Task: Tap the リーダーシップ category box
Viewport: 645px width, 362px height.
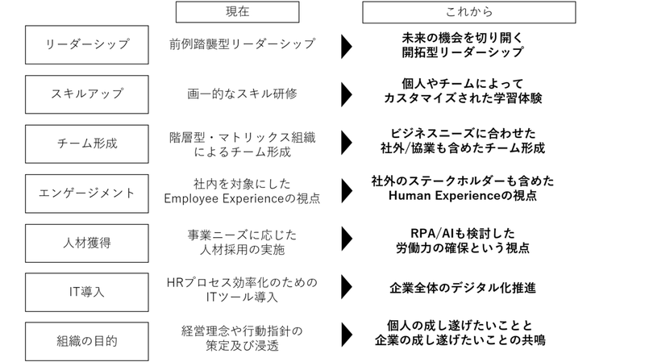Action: pyautogui.click(x=87, y=44)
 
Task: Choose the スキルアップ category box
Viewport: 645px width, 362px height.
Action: pyautogui.click(x=87, y=94)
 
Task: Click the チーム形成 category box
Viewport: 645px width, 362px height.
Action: pyautogui.click(x=87, y=144)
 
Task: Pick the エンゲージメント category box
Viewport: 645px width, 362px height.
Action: pyautogui.click(x=87, y=193)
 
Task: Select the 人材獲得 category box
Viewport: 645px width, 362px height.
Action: pyautogui.click(x=87, y=241)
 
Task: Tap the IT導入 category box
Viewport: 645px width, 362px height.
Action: pyautogui.click(x=87, y=290)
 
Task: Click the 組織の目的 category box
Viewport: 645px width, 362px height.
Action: pyautogui.click(x=87, y=340)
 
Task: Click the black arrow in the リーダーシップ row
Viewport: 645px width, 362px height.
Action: pyautogui.click(x=346, y=46)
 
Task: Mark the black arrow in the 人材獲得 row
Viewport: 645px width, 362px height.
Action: pyautogui.click(x=346, y=238)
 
